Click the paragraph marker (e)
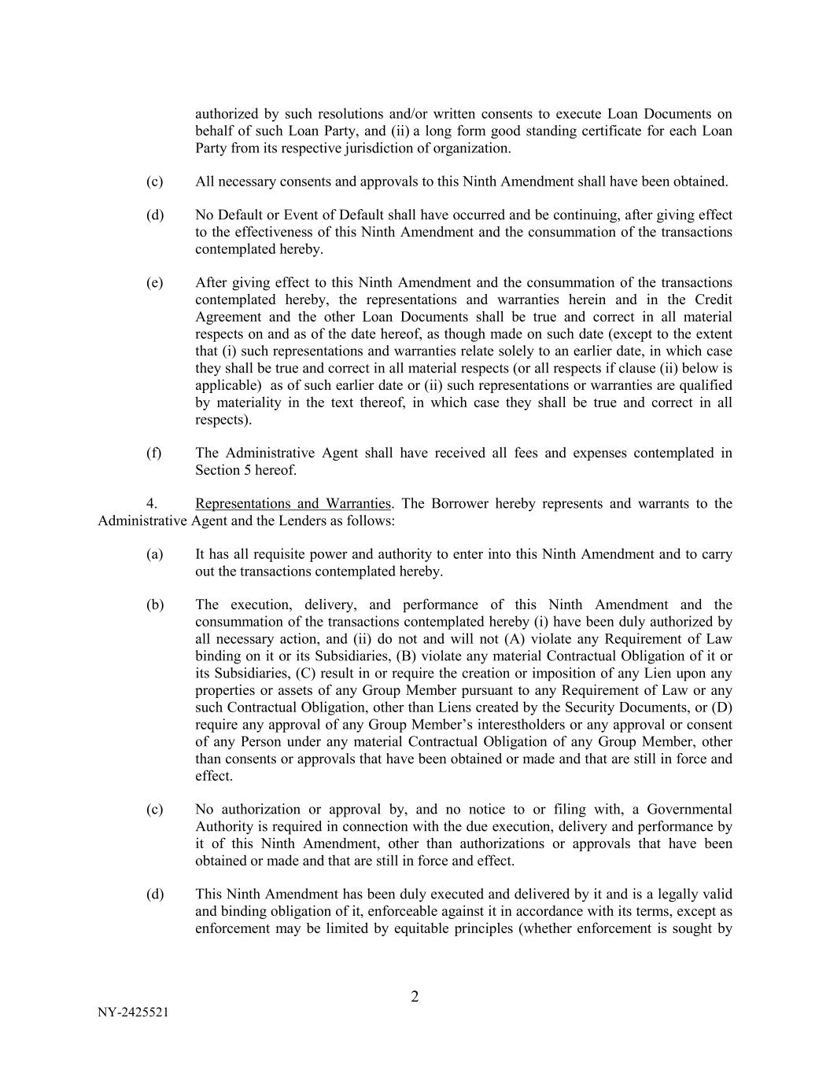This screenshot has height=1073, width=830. coord(154,282)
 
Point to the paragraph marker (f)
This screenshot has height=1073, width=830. coord(153,453)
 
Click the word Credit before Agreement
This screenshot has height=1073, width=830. coord(713,299)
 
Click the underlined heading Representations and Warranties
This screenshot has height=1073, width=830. coord(293,503)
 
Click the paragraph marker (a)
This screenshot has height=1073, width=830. coord(154,554)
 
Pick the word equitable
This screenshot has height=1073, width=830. coord(408,928)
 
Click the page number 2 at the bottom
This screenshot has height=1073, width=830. coord(415,998)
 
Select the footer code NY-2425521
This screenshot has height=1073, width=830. coord(133,1012)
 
